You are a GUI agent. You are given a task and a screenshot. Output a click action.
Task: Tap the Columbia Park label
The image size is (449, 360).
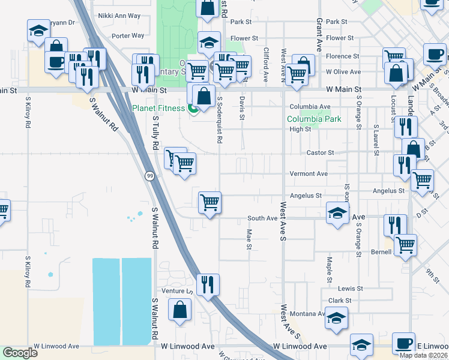pyautogui.click(x=314, y=119)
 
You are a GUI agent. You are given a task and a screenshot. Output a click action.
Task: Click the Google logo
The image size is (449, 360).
pyautogui.click(x=20, y=353)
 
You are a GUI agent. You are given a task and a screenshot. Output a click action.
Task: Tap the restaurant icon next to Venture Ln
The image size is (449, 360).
pyautogui.click(x=208, y=283)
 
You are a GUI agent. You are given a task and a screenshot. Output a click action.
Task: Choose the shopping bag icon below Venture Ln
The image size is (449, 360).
pyautogui.click(x=180, y=310)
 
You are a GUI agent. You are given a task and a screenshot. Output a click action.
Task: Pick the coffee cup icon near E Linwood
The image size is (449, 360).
pyautogui.click(x=403, y=343)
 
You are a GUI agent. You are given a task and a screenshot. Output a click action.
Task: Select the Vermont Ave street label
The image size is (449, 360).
pyautogui.click(x=309, y=173)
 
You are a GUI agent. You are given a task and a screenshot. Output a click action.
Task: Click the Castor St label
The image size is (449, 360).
pyautogui.click(x=320, y=153)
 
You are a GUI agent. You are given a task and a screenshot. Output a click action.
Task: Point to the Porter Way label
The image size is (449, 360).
pyautogui.click(x=128, y=36)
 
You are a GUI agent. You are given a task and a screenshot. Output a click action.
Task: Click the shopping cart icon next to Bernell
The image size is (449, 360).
pyautogui.click(x=406, y=244)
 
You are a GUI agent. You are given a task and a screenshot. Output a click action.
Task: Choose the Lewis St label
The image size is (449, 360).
pyautogui.click(x=351, y=289)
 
